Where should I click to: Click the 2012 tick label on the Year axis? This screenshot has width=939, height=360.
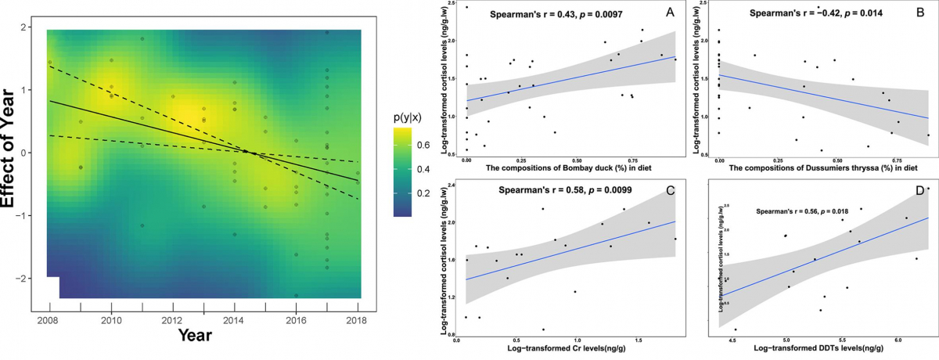click(x=173, y=321)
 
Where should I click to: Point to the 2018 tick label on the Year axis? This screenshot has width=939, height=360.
click(x=358, y=321)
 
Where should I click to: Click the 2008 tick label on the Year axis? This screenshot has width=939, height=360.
click(x=49, y=321)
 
